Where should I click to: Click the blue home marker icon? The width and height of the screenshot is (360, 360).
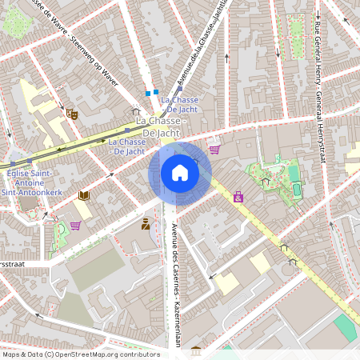point(180,173)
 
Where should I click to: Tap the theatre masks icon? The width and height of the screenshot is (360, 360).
point(71,114)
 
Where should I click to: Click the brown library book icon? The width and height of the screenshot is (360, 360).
point(84,195)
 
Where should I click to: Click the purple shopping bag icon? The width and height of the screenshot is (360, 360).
point(238,196)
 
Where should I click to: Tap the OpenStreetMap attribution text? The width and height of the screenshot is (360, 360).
point(81,354)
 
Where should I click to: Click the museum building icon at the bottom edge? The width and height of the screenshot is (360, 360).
point(196,350)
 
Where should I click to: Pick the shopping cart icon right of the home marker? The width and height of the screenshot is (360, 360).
point(214,149)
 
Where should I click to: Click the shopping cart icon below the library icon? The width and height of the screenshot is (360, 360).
point(75,225)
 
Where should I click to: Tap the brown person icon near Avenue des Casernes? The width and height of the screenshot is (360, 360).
point(146,224)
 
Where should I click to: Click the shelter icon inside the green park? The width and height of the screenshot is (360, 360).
point(266,182)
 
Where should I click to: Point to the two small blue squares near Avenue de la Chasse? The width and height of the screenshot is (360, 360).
point(152,92)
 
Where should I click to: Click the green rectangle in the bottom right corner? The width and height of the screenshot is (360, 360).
point(345,326)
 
